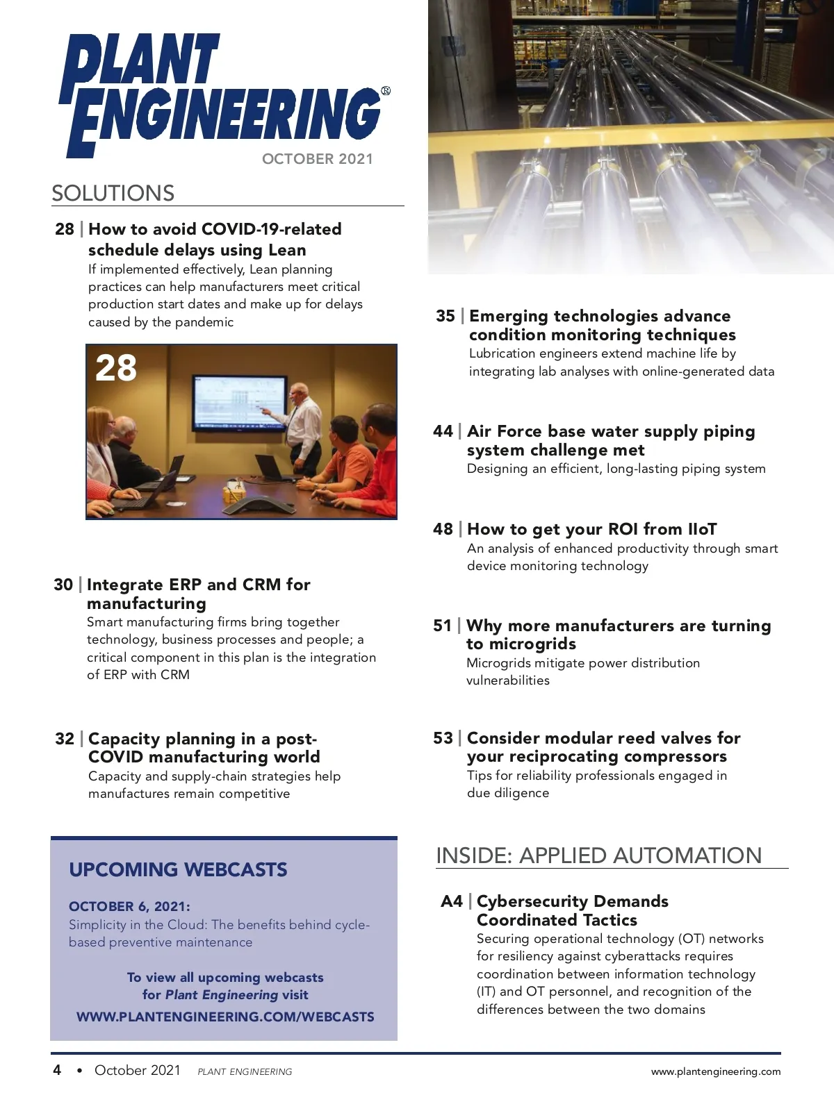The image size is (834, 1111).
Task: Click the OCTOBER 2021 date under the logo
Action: [x=317, y=159]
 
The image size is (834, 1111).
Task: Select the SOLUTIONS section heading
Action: [x=113, y=193]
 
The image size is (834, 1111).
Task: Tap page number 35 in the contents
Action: [x=445, y=316]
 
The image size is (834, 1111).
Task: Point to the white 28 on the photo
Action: [x=116, y=368]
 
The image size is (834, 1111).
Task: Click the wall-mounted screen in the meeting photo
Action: [x=240, y=403]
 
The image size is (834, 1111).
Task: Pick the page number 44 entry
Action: [x=443, y=431]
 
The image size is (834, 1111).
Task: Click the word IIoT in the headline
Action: [x=702, y=529]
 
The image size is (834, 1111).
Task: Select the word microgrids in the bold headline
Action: [x=521, y=644]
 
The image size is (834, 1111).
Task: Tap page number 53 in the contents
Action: [x=443, y=738]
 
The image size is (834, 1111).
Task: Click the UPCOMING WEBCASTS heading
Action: [x=178, y=869]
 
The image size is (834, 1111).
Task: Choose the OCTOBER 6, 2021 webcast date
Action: [x=129, y=906]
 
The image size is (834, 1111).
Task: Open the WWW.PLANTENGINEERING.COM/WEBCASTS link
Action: [x=225, y=1017]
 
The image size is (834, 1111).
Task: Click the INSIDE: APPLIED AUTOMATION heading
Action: [x=598, y=855]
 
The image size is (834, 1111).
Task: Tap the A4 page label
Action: [x=452, y=901]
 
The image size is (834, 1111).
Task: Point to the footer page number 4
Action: [x=57, y=1070]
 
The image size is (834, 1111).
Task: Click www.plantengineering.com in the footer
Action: [x=715, y=1071]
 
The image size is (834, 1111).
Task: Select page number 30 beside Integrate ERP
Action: [x=63, y=585]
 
